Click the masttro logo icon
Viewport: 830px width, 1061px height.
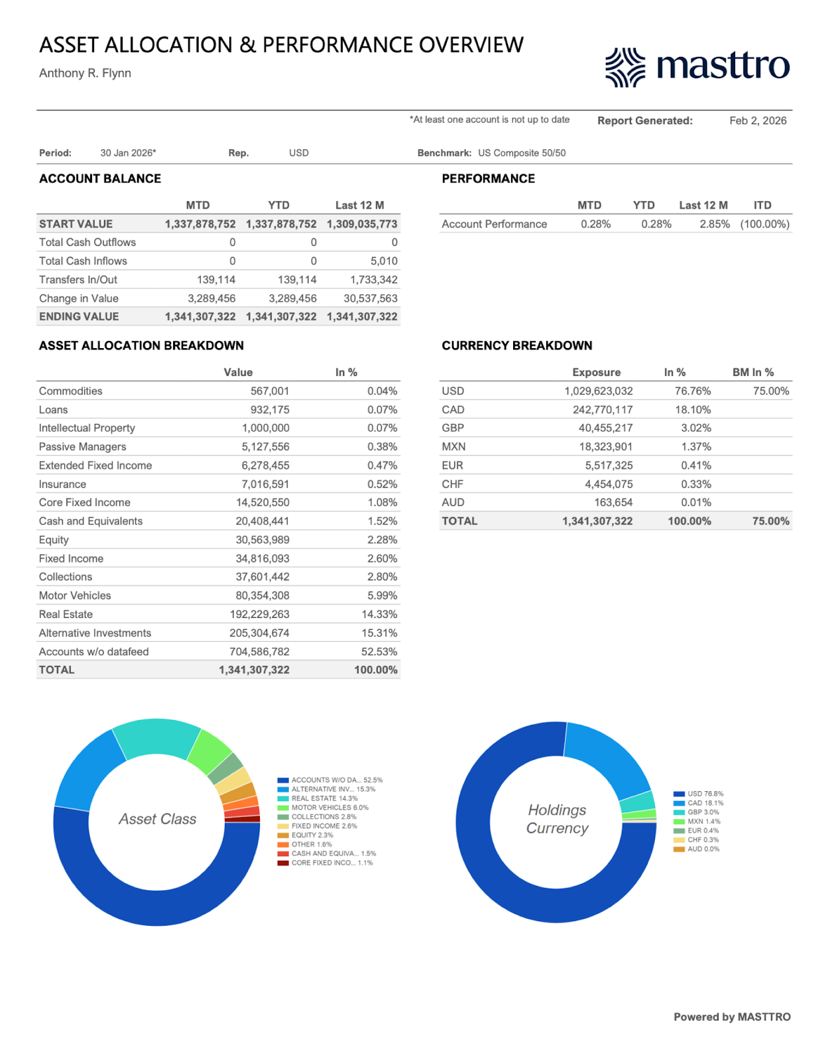(x=624, y=67)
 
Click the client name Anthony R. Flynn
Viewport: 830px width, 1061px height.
(x=85, y=73)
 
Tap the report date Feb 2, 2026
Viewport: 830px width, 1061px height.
(x=758, y=121)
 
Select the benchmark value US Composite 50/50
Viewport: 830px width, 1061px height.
(x=522, y=153)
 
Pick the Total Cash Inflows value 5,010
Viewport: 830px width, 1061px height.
(x=384, y=261)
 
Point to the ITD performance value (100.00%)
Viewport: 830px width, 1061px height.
(x=764, y=224)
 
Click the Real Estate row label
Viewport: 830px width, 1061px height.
(x=66, y=614)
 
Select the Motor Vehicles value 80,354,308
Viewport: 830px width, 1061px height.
(x=262, y=595)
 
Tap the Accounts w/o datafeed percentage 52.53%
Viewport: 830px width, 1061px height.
(x=379, y=652)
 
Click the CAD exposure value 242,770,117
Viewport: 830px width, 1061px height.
(x=603, y=410)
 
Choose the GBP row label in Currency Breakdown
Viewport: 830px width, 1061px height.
(x=453, y=428)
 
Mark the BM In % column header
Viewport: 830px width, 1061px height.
(x=752, y=373)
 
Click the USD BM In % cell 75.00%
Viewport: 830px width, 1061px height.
(x=770, y=391)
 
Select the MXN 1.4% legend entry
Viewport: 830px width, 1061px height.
(x=703, y=822)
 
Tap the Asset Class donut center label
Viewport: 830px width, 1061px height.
(x=158, y=820)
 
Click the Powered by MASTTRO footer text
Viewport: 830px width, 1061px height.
(x=732, y=1017)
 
